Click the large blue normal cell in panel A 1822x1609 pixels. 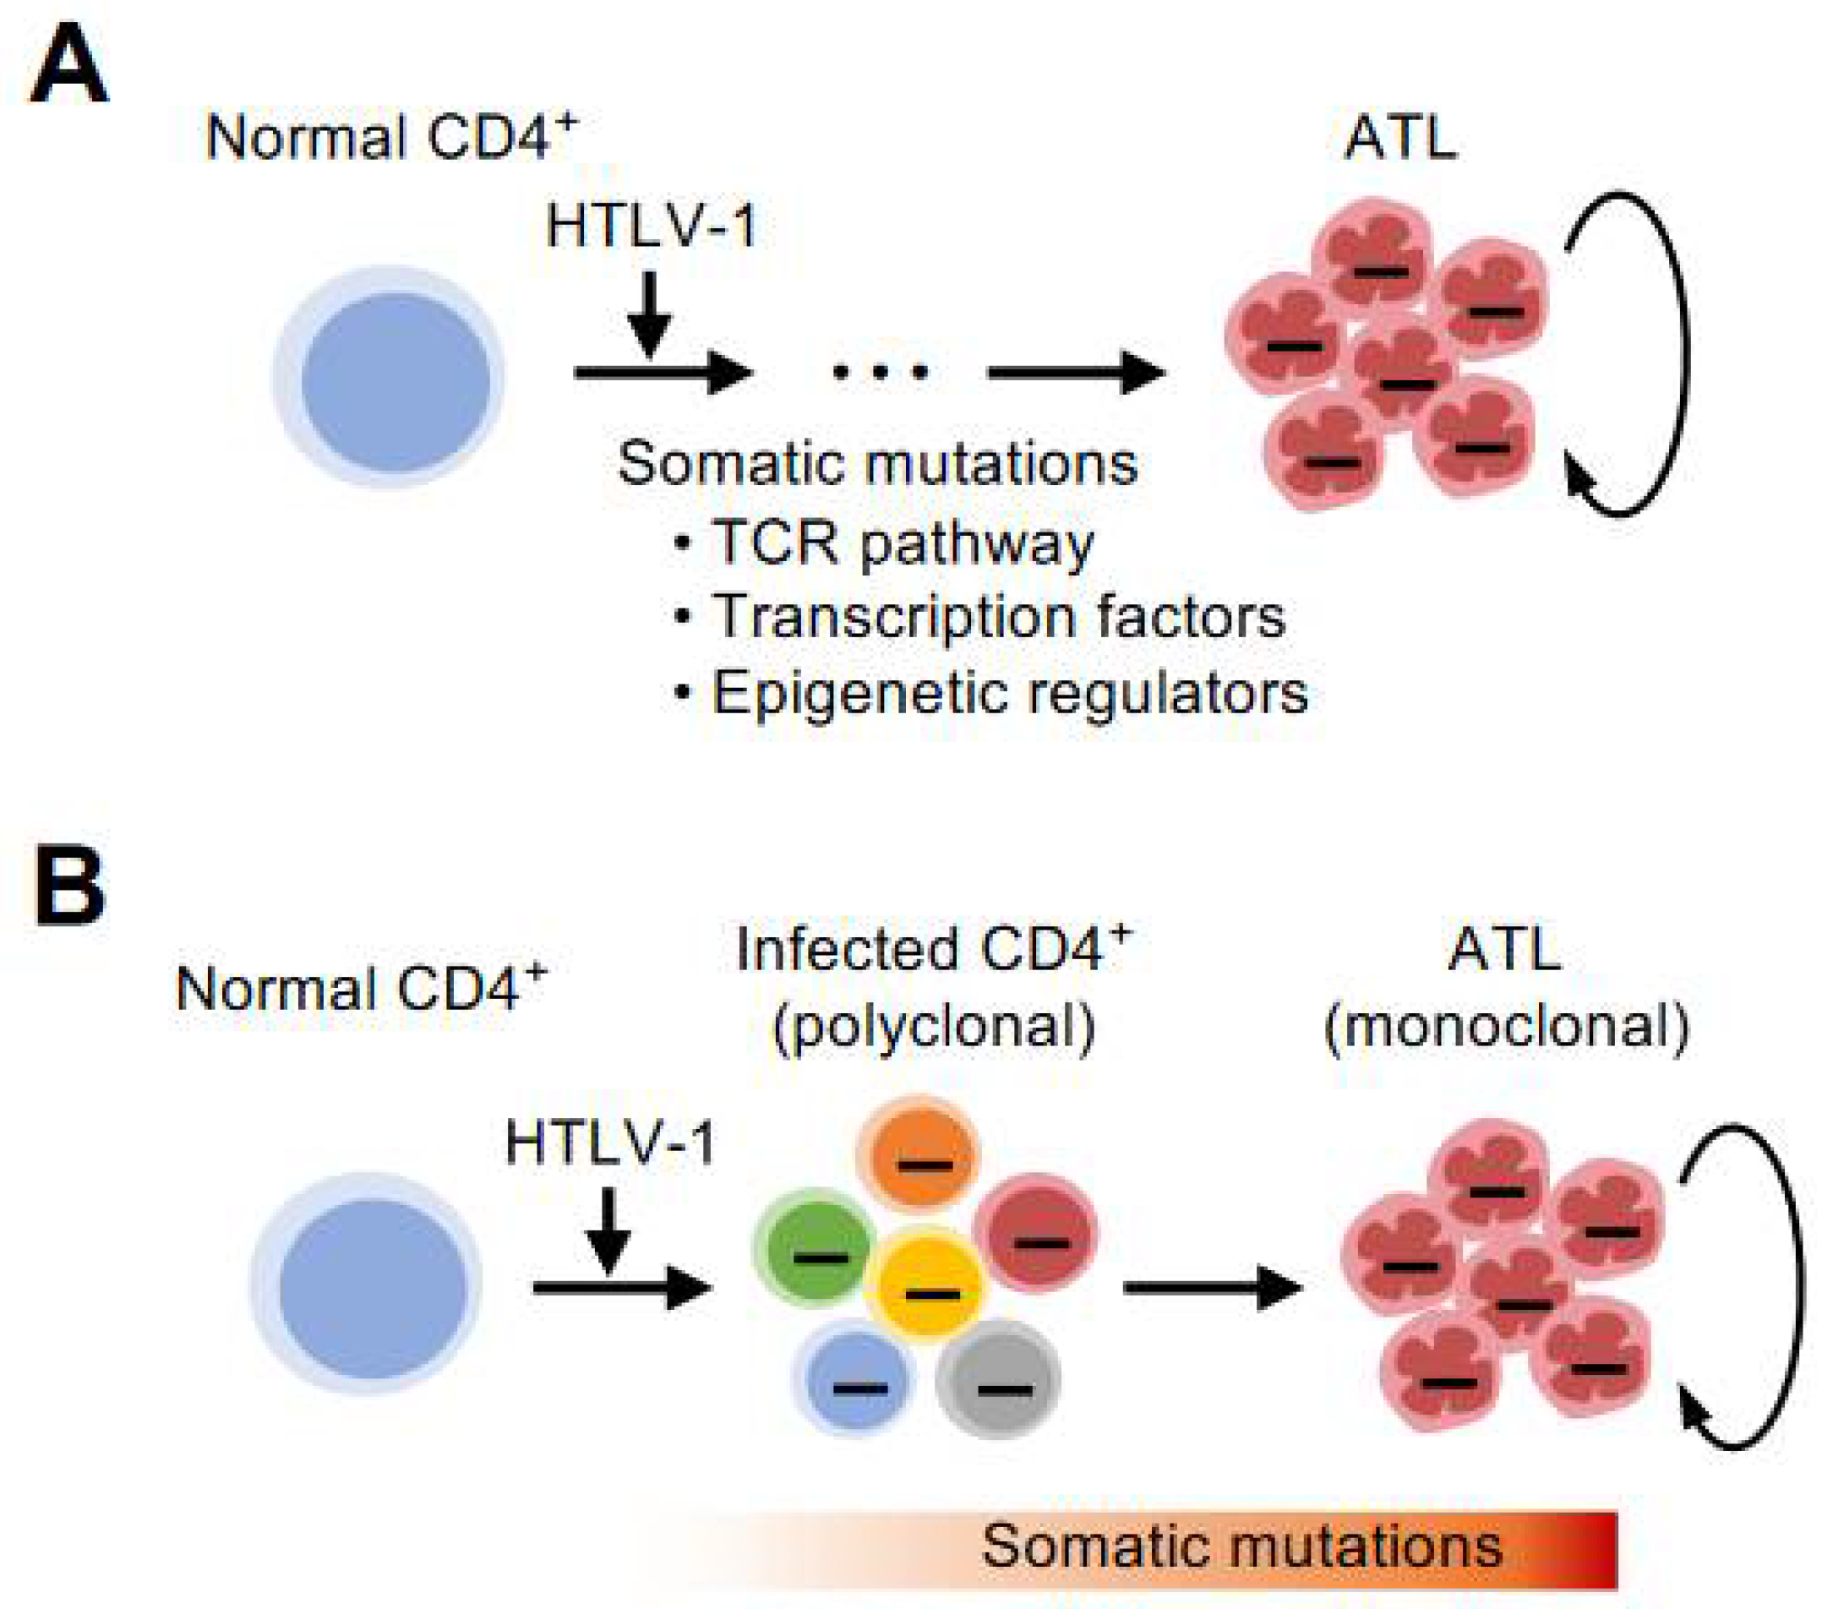tap(390, 378)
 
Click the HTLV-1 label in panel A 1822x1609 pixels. tap(652, 226)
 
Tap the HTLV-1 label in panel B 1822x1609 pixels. tap(611, 1143)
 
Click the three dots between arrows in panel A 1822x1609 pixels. tap(880, 372)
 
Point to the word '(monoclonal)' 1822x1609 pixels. tap(1507, 1028)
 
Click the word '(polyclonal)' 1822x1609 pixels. tap(933, 1028)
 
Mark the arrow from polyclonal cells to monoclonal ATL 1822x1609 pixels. tap(1213, 1287)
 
